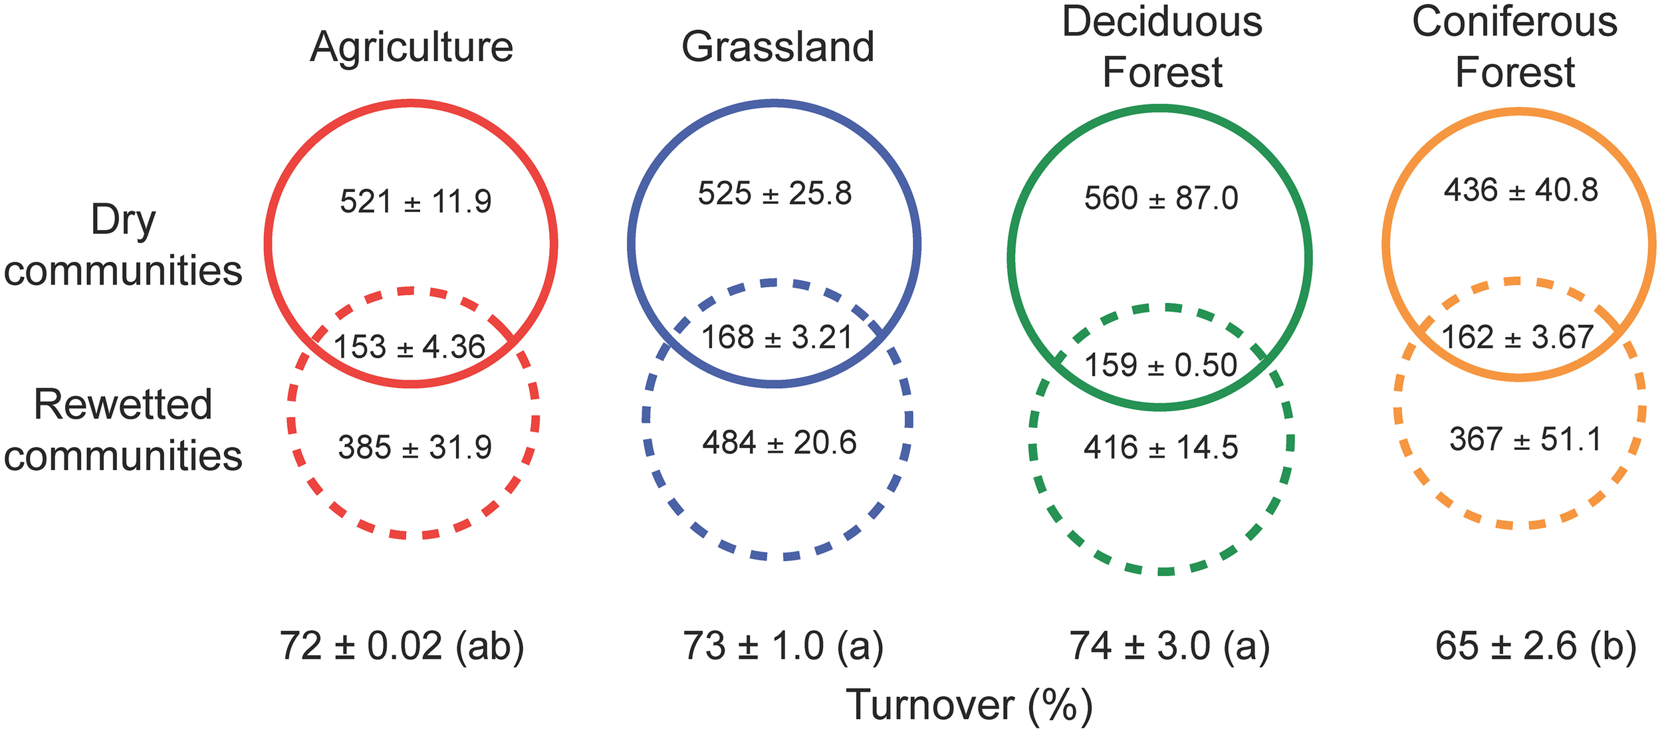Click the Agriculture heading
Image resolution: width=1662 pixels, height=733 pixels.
[412, 48]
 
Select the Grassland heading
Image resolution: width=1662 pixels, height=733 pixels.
[778, 48]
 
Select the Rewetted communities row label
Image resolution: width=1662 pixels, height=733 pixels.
[123, 430]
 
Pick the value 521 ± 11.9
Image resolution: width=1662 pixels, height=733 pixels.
[415, 201]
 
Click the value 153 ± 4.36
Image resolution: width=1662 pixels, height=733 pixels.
[410, 347]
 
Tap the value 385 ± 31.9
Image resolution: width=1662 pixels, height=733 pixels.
[415, 447]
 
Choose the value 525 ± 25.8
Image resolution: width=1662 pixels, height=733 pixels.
[774, 194]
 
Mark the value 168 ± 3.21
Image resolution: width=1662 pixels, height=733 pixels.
[777, 338]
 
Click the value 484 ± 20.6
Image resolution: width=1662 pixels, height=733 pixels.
[779, 443]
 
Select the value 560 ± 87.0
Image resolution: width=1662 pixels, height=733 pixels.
[1161, 199]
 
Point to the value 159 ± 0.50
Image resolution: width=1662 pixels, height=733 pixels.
[1161, 365]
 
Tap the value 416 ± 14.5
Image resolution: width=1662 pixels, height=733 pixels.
[1161, 447]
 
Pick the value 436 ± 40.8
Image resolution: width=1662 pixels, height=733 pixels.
[1520, 190]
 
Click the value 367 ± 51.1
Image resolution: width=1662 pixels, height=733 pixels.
[1526, 439]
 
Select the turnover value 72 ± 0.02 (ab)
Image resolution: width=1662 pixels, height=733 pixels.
[402, 646]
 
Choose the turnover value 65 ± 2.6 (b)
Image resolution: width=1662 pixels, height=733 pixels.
[1536, 646]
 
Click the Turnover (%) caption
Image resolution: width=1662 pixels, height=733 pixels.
[969, 705]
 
